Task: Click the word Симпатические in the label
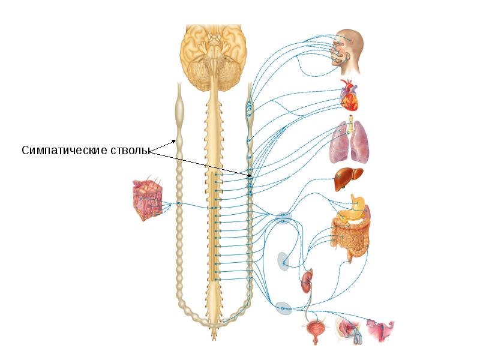point(64,151)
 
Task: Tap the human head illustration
point(348,52)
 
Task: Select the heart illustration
point(350,95)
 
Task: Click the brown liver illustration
point(349,179)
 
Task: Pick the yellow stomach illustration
point(354,208)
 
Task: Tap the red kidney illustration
point(307,281)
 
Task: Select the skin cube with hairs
point(146,199)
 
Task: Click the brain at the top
point(214,56)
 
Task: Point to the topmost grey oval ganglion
point(283,218)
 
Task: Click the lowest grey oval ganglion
point(283,308)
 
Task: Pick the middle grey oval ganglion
point(283,261)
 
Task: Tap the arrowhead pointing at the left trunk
point(173,141)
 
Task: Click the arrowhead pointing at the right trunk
point(251,176)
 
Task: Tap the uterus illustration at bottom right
point(381,331)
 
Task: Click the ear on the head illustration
point(348,57)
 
